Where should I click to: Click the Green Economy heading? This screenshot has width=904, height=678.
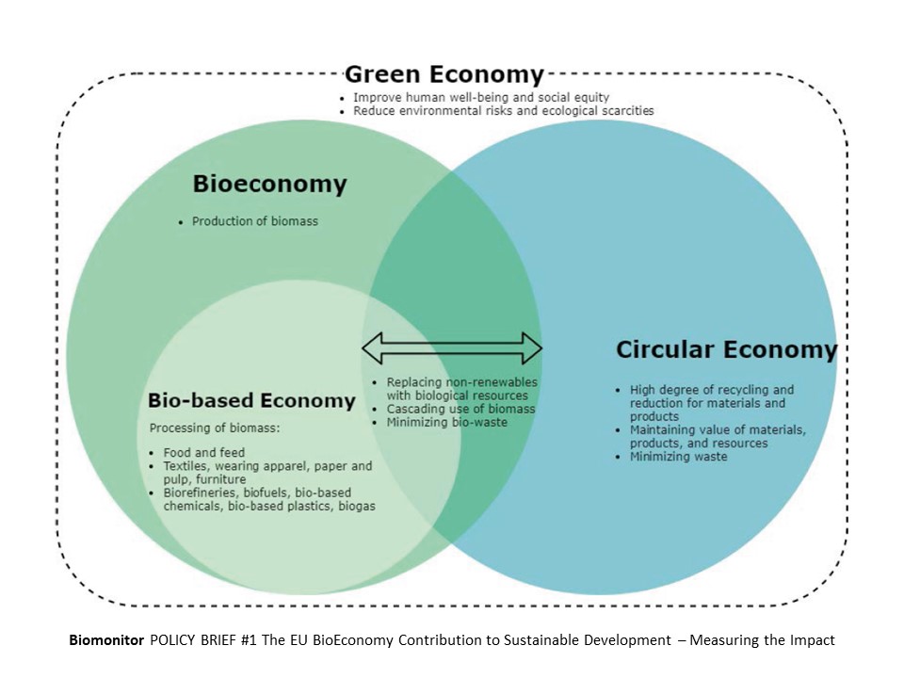[x=444, y=74]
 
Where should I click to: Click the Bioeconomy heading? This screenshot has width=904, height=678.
[x=269, y=184]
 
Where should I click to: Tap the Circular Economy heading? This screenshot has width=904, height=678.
[x=725, y=350]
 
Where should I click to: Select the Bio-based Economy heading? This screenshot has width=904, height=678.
[x=251, y=400]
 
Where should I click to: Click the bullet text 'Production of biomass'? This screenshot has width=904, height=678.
[x=254, y=221]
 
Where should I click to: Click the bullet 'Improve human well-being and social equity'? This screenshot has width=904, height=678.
[x=481, y=97]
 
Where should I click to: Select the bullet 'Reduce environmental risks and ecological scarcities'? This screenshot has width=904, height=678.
[x=503, y=110]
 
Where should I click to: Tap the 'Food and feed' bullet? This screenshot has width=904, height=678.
[x=203, y=453]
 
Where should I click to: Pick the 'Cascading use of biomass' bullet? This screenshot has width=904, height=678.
[x=460, y=409]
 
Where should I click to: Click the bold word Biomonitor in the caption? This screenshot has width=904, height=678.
[x=104, y=640]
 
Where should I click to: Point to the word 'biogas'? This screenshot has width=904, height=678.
[x=353, y=506]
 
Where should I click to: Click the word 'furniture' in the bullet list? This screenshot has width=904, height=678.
[x=222, y=479]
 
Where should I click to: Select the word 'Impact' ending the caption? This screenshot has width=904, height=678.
[x=812, y=640]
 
